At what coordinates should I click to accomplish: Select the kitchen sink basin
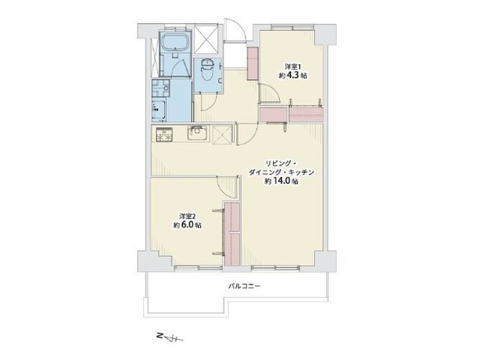click(197, 134)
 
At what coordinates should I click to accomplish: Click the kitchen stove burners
click(164, 135)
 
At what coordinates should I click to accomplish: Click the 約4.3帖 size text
click(293, 76)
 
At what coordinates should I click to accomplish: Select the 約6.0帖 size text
click(187, 225)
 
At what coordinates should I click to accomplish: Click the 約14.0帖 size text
click(281, 181)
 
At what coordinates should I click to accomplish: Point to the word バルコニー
click(245, 286)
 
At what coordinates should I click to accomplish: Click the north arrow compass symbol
click(170, 337)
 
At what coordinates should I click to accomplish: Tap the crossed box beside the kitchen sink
click(222, 134)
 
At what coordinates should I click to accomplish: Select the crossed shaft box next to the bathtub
click(207, 38)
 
